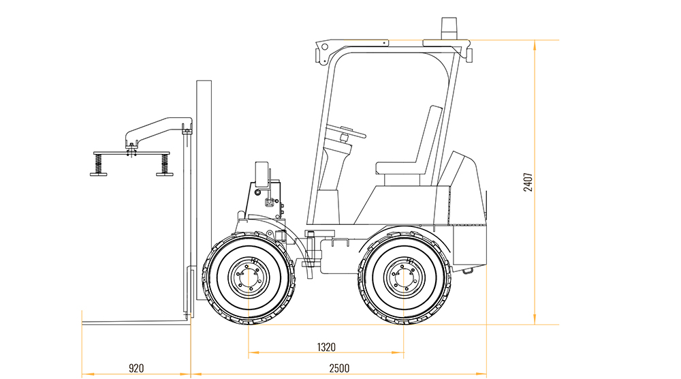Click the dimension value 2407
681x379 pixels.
(x=528, y=182)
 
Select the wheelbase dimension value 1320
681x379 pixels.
(x=326, y=347)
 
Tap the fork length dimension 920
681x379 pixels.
(x=136, y=369)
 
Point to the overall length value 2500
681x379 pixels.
(x=339, y=369)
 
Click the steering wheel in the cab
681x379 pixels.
(x=346, y=131)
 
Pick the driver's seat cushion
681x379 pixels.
(x=400, y=168)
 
